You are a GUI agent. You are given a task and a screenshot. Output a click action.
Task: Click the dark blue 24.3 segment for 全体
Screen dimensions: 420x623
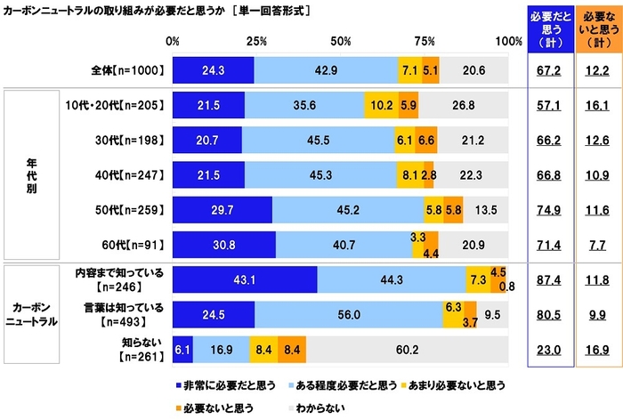click(213, 70)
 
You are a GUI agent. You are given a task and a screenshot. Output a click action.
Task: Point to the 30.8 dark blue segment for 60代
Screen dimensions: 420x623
click(223, 244)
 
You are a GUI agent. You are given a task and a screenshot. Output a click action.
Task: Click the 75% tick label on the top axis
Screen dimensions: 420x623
click(425, 41)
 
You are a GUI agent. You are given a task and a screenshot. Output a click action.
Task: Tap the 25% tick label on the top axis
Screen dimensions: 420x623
click(256, 41)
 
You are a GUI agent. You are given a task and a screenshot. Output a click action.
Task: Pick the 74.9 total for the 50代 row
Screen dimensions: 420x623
click(544, 209)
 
